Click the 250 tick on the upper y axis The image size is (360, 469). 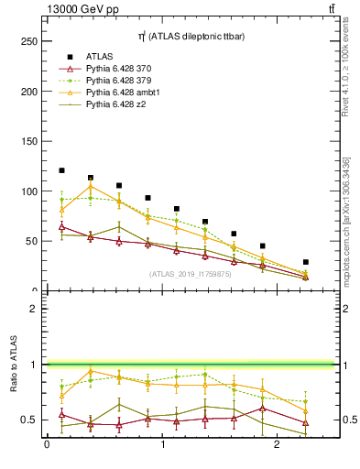point(30,41)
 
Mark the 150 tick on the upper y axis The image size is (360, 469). point(30,141)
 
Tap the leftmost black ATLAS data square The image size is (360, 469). point(61,170)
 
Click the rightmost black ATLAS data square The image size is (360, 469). point(305,262)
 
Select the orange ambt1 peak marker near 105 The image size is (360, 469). point(90,187)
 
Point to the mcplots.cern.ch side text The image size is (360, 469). point(346,220)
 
